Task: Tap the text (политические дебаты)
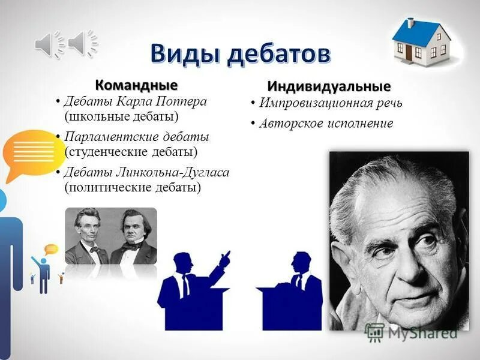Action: (x=133, y=187)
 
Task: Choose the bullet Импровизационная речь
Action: (x=331, y=103)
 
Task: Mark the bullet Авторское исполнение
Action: (x=326, y=124)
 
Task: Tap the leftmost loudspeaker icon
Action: (x=49, y=43)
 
